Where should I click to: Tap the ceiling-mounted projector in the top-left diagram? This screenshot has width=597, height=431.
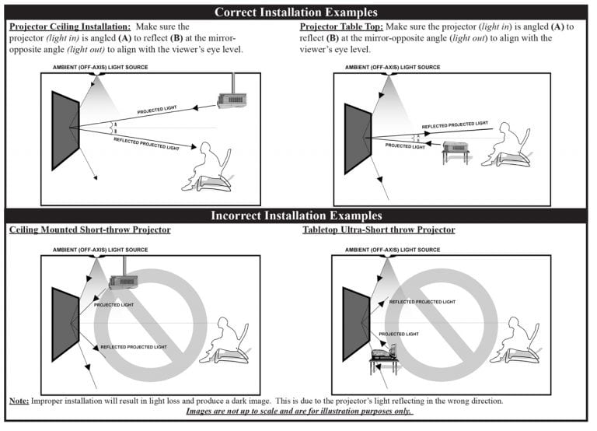point(232,97)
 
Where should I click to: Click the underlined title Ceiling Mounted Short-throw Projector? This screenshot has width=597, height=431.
point(89,230)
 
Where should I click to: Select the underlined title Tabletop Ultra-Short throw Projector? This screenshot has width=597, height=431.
point(379,230)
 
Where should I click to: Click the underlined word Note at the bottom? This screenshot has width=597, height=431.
point(19,401)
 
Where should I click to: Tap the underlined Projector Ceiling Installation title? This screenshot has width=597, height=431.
point(70,26)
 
